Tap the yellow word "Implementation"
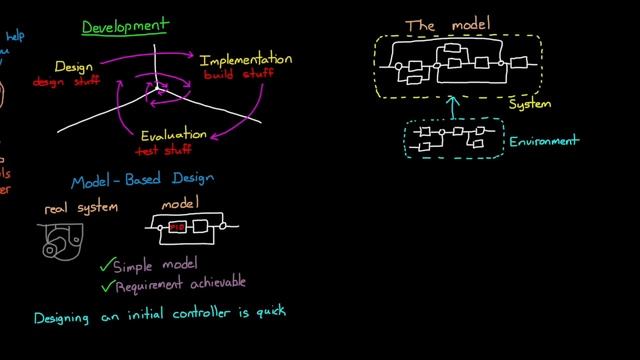pos(247,59)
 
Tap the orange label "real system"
pos(82,209)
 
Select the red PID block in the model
pos(178,228)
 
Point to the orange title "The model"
pos(446,24)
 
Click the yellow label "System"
pos(528,103)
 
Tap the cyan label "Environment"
pos(544,141)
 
